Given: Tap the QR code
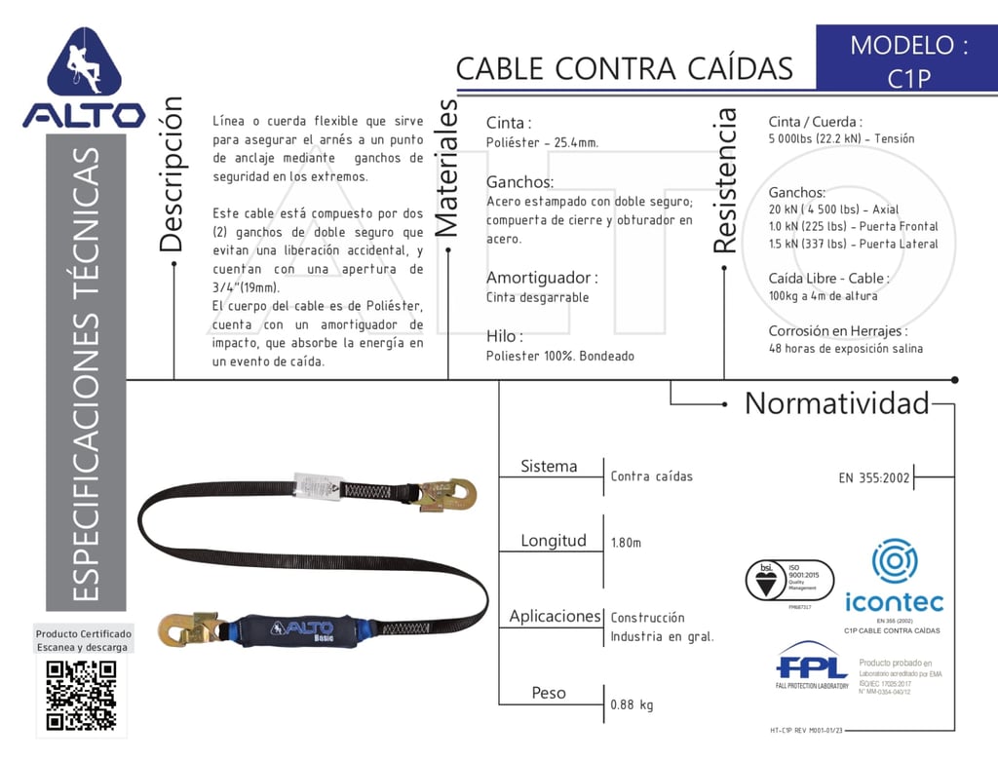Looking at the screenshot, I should coord(82,695).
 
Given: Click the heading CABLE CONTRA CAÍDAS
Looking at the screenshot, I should coord(624,69).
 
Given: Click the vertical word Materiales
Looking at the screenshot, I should coord(445,169).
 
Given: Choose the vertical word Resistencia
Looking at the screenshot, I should coord(725,181).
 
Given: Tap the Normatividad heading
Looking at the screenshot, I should coord(837,403).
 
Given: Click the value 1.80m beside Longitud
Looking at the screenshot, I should coord(626,543).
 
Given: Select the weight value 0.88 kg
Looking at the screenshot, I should coord(632,704).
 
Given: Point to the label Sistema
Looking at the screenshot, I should coord(549,467).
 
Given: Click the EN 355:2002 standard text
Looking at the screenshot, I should coord(874,477).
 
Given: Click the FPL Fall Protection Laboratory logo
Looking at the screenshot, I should coord(813,667).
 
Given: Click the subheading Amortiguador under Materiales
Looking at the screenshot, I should coord(542,278).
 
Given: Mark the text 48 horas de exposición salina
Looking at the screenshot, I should coord(845,349).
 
